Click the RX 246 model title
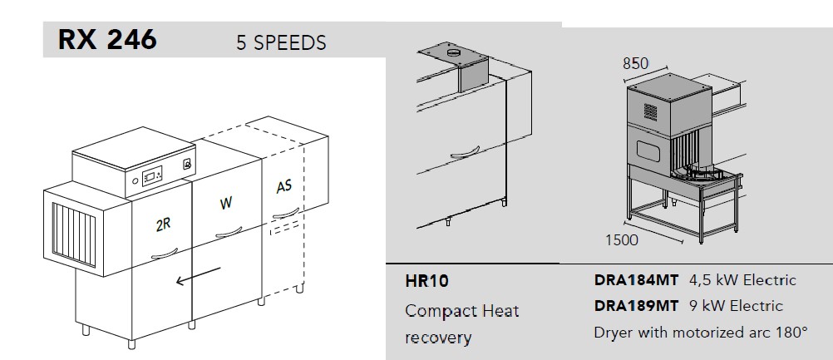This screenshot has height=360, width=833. (x=107, y=40)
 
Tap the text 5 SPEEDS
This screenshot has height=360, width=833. (x=281, y=43)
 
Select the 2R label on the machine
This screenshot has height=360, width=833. (x=164, y=224)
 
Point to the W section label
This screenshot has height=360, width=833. (x=226, y=203)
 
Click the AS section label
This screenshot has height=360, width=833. (x=284, y=187)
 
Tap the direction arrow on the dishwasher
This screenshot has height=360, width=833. (x=198, y=275)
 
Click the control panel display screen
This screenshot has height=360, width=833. (x=152, y=175)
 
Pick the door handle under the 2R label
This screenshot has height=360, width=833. (x=165, y=254)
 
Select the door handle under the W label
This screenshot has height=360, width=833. (x=229, y=232)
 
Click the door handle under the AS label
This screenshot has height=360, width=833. (x=286, y=212)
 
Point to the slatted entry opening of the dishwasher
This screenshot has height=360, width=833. (x=74, y=234)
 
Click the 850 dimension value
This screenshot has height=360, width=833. (x=635, y=64)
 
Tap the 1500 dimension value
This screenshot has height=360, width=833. (x=622, y=240)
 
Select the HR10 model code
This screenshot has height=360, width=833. (x=426, y=281)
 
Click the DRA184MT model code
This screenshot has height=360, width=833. (x=636, y=280)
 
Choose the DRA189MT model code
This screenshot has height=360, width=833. (x=636, y=306)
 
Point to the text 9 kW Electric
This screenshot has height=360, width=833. (x=736, y=306)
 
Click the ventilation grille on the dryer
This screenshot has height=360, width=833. (x=650, y=112)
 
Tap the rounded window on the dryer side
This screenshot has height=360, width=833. (x=648, y=151)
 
